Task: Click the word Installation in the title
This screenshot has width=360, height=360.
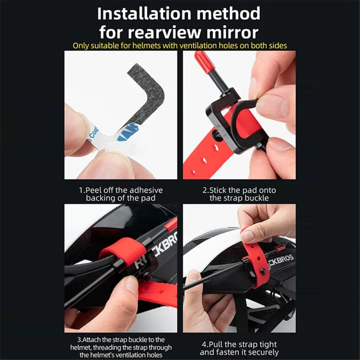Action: tap(144, 14)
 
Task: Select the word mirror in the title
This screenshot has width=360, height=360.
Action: tap(233, 33)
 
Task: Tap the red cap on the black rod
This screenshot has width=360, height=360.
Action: tap(202, 61)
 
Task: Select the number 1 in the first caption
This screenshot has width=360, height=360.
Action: tap(81, 190)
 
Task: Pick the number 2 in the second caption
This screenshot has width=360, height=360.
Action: tap(204, 190)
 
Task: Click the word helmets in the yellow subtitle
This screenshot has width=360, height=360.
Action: tap(147, 45)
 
